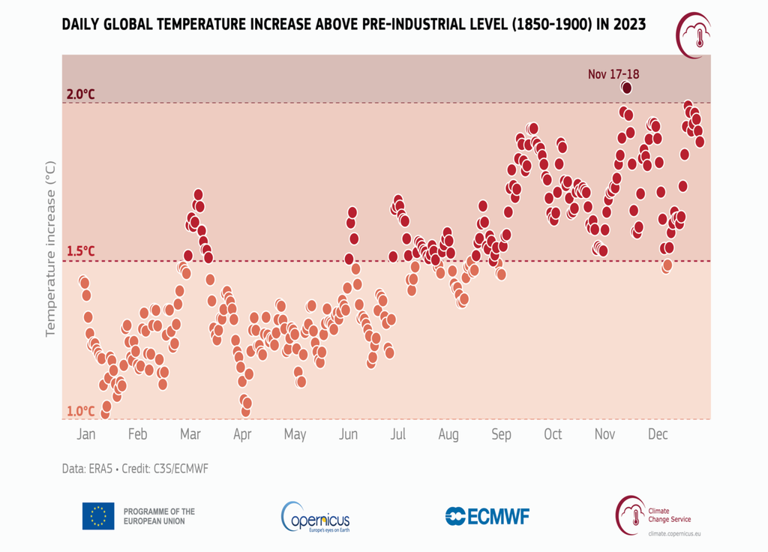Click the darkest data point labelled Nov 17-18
pyautogui.click(x=626, y=88)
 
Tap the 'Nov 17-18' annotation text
pyautogui.click(x=613, y=73)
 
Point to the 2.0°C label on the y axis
pyautogui.click(x=80, y=94)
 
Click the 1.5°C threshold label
pyautogui.click(x=80, y=251)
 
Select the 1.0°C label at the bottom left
pyautogui.click(x=80, y=411)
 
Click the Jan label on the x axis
pyautogui.click(x=85, y=435)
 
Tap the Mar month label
pyautogui.click(x=190, y=435)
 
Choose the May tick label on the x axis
pyautogui.click(x=295, y=435)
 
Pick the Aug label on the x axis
pyautogui.click(x=448, y=435)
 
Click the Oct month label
pyautogui.click(x=553, y=435)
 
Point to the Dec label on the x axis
pyautogui.click(x=658, y=435)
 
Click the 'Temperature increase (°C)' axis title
pyautogui.click(x=51, y=248)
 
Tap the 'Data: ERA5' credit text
pyautogui.click(x=88, y=468)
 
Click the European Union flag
pyautogui.click(x=98, y=516)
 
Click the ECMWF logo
pyautogui.click(x=487, y=516)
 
